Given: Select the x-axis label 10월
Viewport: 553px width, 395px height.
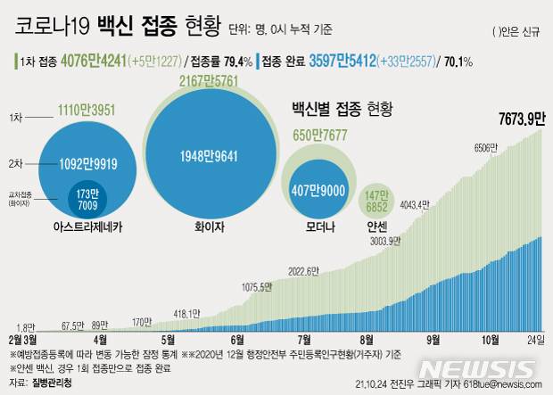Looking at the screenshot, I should [x=490, y=340].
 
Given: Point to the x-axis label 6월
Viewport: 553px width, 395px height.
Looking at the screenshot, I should [x=237, y=340].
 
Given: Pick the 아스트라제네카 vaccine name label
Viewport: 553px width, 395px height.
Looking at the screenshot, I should [x=87, y=228].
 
